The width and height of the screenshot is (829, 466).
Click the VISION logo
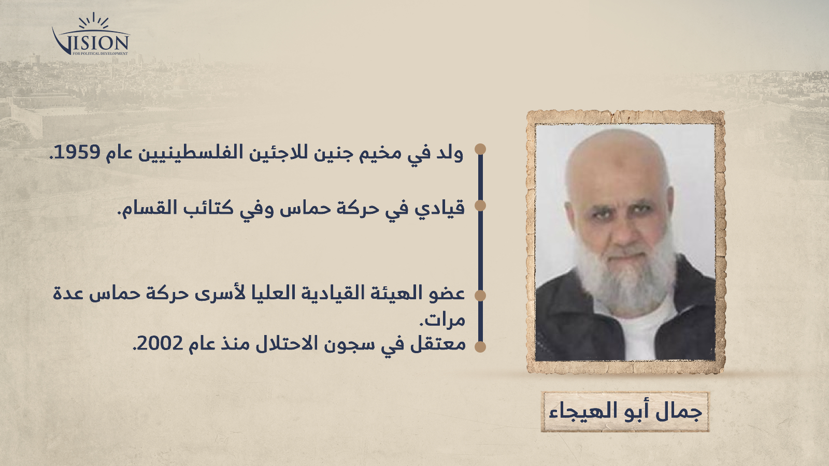click(91, 34)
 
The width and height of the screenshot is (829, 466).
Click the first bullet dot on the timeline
click(480, 149)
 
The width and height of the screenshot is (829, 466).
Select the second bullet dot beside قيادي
click(480, 206)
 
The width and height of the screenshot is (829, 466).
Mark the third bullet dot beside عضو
click(480, 296)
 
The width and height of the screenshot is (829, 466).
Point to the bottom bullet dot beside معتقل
click(480, 346)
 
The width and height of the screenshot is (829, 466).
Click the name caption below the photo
click(625, 412)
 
